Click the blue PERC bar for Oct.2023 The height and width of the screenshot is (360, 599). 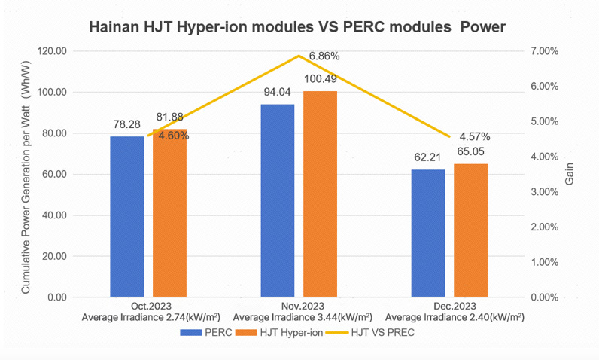coord(126,216)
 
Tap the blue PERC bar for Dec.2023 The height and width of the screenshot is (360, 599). coord(427,233)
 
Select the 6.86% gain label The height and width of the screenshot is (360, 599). coord(324,56)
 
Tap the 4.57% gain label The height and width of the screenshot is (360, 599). coord(475,136)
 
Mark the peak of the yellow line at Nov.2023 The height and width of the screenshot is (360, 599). coord(299,56)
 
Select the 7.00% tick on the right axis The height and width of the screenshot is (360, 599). coord(546,51)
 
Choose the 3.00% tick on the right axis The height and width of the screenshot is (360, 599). coord(546,192)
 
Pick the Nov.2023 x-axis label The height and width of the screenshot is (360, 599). coord(302,307)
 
